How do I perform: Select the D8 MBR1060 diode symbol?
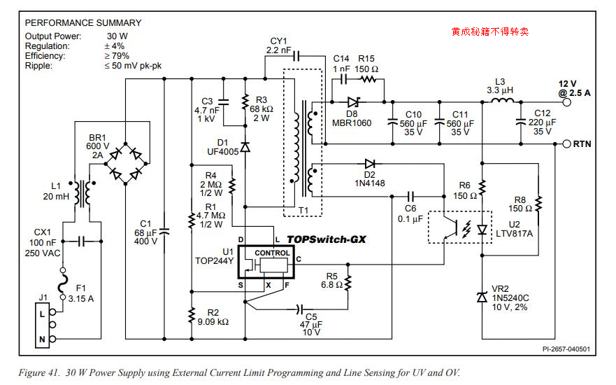353,102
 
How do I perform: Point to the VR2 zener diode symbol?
482,297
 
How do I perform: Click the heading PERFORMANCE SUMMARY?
83,22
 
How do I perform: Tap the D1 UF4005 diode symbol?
245,148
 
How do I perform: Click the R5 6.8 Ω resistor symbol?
348,284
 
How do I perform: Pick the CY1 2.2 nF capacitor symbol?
295,57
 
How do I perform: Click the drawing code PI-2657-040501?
566,349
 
